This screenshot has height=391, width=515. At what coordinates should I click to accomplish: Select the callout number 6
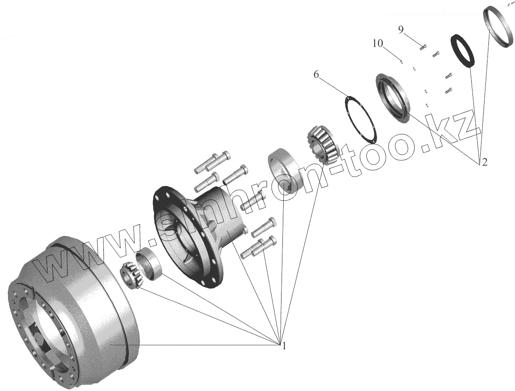(316, 76)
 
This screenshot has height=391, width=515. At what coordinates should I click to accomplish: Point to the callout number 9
(401, 30)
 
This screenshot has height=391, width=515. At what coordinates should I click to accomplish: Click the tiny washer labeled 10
(401, 61)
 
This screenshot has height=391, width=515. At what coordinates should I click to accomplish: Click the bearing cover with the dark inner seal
(393, 98)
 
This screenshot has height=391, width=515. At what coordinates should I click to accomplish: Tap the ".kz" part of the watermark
(451, 131)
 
